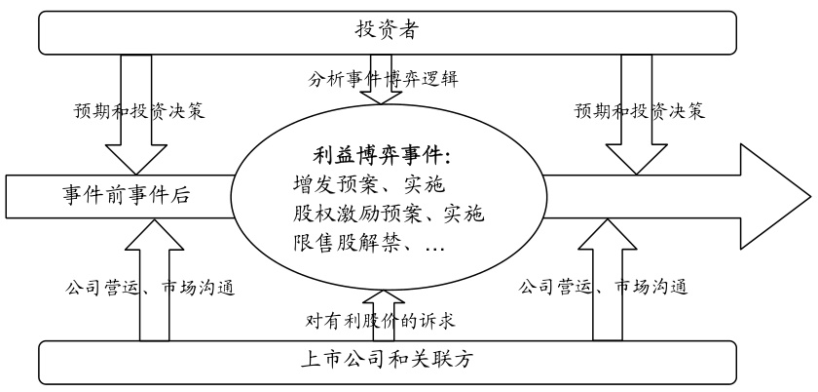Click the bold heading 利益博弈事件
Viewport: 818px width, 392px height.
(x=384, y=154)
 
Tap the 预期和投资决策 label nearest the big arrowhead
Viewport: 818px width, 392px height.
(x=640, y=110)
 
